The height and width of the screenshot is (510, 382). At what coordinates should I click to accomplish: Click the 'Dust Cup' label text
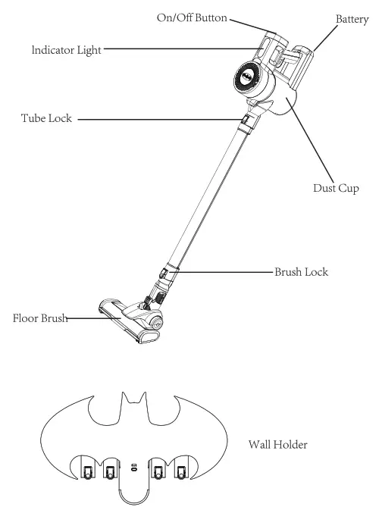336,187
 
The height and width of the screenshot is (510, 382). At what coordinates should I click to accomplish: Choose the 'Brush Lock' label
302,271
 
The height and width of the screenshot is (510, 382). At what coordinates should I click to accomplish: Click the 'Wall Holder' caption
278,445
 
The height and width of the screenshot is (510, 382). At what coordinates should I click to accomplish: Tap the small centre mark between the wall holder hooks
133,468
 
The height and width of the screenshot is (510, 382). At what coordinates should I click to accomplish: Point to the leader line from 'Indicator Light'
182,50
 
